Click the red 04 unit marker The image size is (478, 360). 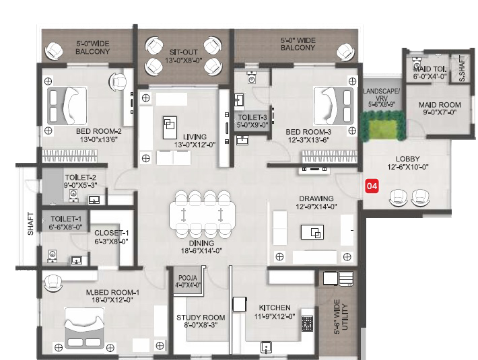pos(372,186)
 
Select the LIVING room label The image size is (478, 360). pos(195,137)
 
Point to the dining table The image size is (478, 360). pos(202,215)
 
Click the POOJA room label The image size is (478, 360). pos(188,278)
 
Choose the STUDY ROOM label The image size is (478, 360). pos(201,318)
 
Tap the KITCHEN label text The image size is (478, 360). pos(275,308)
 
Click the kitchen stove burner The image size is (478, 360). pos(307,324)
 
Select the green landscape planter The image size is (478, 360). pos(383,126)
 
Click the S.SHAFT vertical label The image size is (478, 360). pos(462,68)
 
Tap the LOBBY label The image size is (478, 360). pos(407,159)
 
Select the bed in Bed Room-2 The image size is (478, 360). pos(67,106)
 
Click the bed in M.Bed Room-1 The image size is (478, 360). pos(84,328)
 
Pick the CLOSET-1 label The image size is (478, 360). pos(111,233)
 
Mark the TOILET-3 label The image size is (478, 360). pos(252,117)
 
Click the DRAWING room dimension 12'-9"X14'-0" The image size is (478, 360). pos(316,207)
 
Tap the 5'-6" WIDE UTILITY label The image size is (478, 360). pos(341,317)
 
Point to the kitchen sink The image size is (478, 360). pos(266,347)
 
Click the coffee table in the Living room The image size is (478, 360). pos(170,128)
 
